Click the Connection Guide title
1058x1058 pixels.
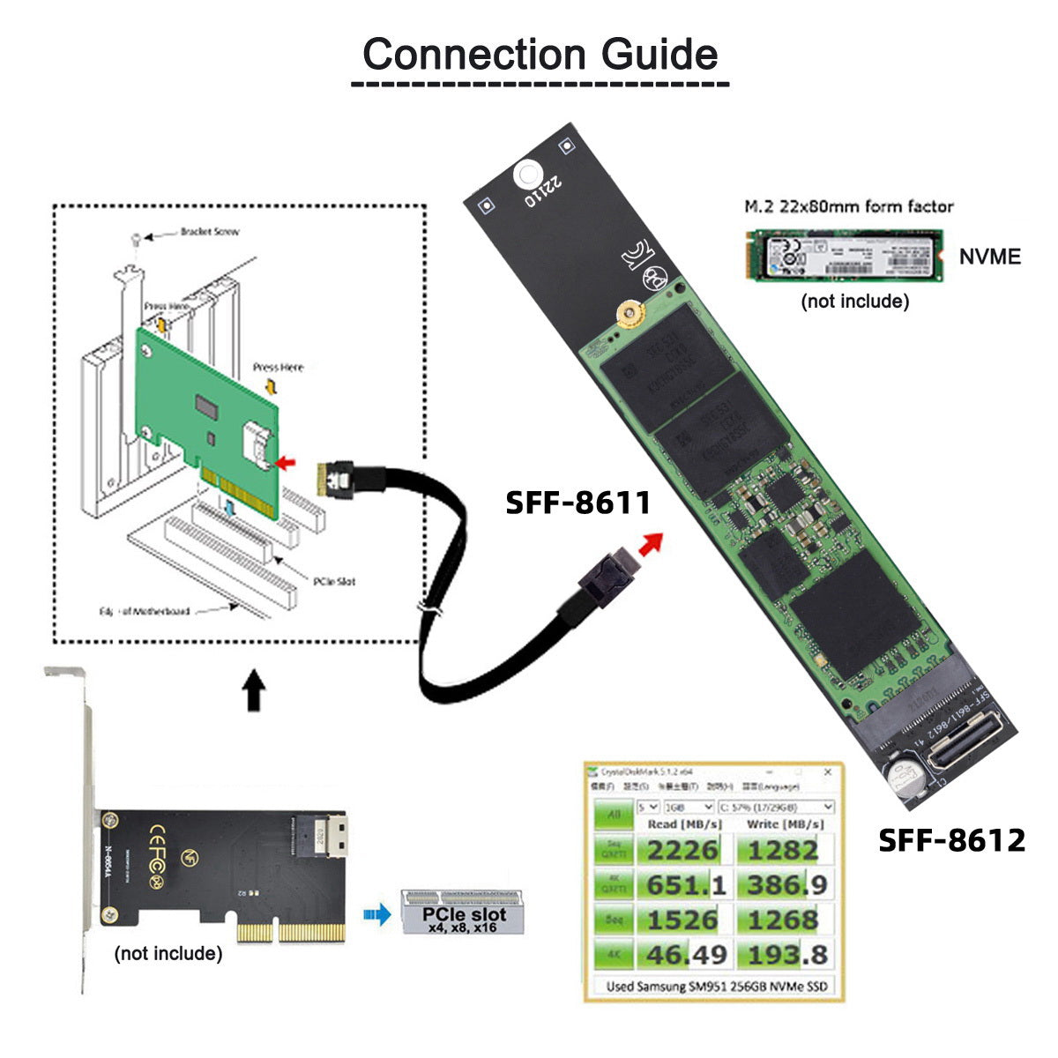tap(540, 55)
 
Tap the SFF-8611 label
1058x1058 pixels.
tap(577, 503)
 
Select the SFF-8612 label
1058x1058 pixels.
tap(951, 840)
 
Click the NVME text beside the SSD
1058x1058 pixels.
tap(989, 257)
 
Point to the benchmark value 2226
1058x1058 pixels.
tap(682, 851)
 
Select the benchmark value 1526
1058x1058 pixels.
tap(682, 920)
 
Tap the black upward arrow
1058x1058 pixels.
tap(254, 689)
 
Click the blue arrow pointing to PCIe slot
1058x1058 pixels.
tap(377, 915)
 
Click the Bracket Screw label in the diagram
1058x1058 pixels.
tap(209, 232)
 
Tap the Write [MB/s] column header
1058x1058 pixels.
tap(784, 824)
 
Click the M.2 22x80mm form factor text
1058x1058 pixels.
tap(848, 207)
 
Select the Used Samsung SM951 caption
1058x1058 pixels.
tap(717, 987)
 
